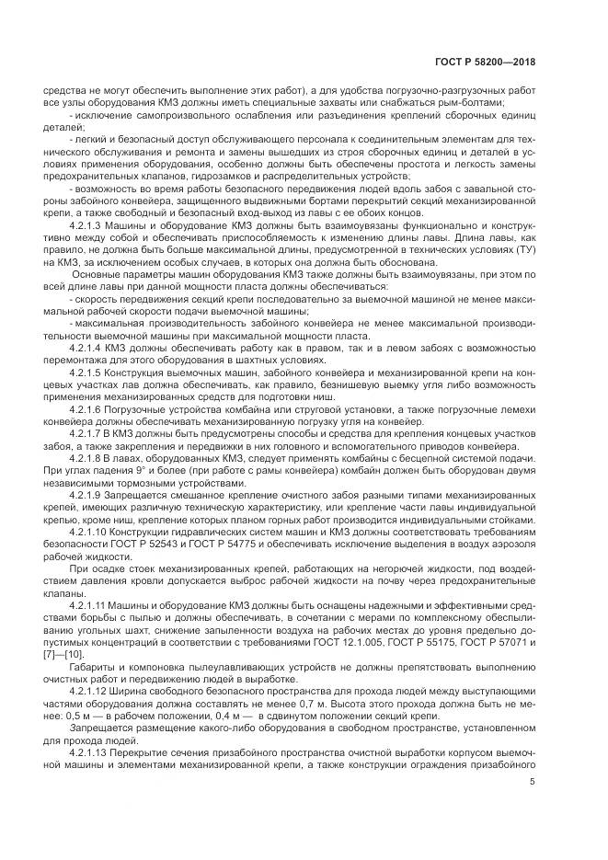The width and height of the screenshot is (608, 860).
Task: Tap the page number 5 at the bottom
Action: [x=533, y=782]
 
